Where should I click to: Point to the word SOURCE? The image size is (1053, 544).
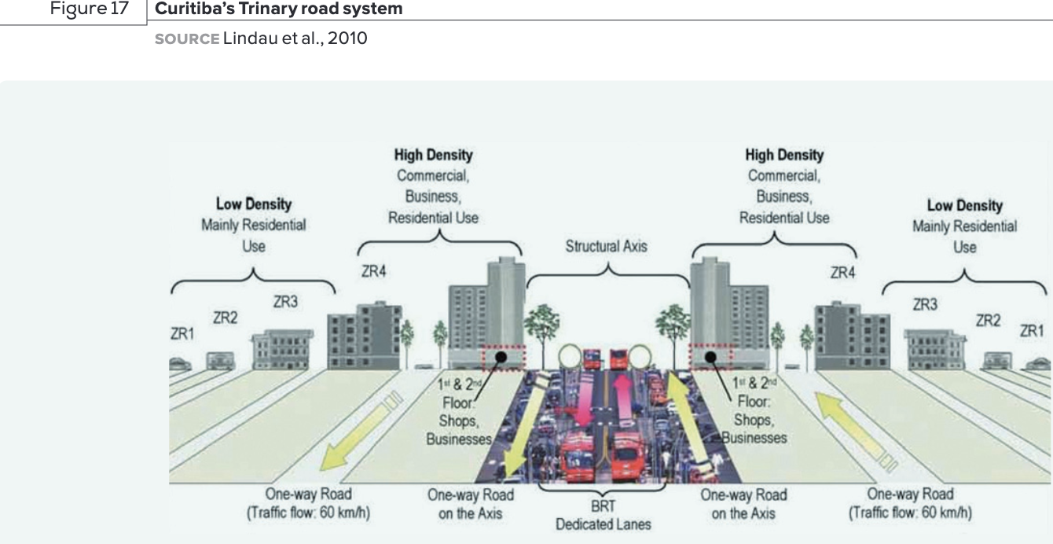click(187, 38)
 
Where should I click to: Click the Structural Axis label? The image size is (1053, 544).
click(606, 246)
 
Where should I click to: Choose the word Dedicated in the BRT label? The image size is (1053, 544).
click(585, 523)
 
